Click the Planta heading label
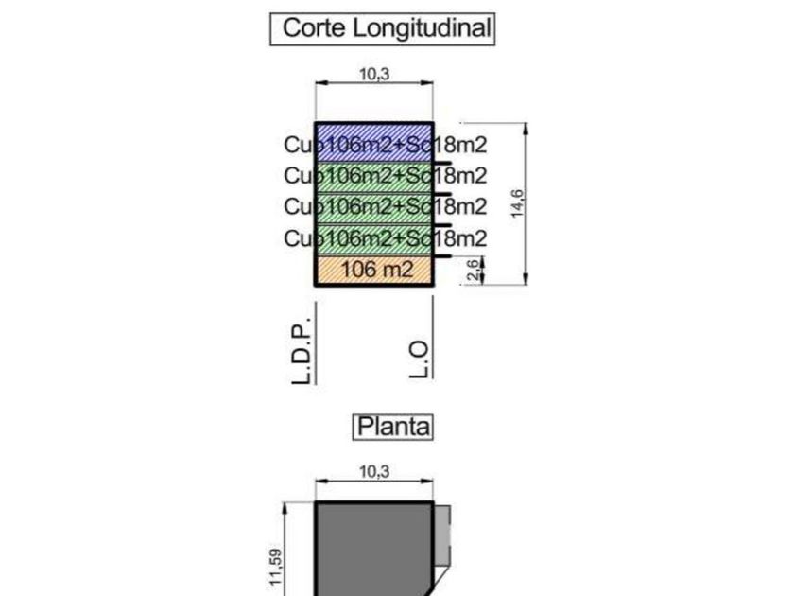click(x=393, y=427)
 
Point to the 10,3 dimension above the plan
click(x=374, y=471)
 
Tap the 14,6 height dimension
click(x=517, y=202)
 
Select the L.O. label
click(x=420, y=359)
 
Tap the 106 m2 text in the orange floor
click(x=377, y=270)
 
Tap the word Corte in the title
click(x=315, y=27)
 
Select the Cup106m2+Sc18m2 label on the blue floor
click(x=386, y=145)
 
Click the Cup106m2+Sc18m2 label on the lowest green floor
click(x=386, y=237)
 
